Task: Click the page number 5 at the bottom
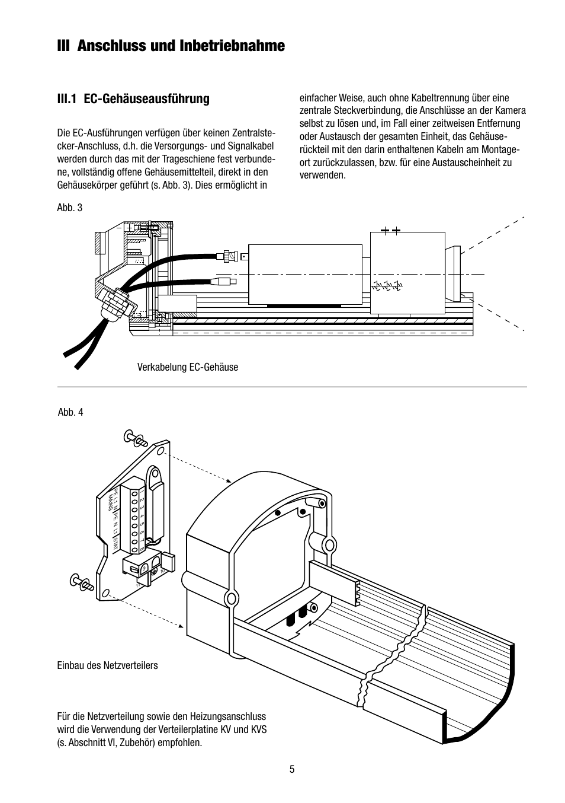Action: point(291,770)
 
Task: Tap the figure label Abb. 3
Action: point(69,208)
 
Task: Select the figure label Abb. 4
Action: point(70,412)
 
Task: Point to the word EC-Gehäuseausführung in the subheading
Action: point(147,98)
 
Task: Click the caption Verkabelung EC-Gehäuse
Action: point(187,367)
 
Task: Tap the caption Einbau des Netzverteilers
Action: point(108,665)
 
